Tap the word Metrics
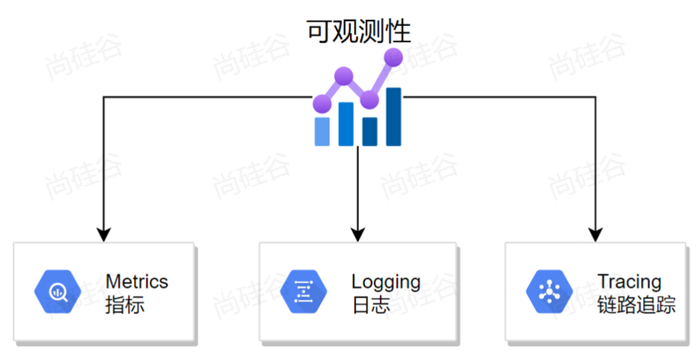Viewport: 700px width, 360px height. (x=137, y=281)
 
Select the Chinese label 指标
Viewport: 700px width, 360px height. (x=124, y=305)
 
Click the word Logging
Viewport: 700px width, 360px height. (x=386, y=281)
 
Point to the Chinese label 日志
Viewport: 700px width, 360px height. (x=371, y=305)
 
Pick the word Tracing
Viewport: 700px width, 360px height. (x=629, y=281)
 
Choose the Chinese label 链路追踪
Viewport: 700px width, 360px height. (x=636, y=305)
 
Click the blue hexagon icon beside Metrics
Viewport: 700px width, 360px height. (x=57, y=292)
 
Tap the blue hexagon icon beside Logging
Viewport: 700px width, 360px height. (x=304, y=292)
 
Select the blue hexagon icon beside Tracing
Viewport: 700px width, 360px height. (x=549, y=292)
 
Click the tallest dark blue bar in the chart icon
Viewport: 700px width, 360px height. (x=393, y=117)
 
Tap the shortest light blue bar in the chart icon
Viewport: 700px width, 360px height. (x=322, y=131)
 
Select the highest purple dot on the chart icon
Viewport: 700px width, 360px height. (x=393, y=57)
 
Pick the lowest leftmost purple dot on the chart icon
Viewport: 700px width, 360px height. (x=322, y=105)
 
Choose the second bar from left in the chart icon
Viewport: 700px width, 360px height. (x=346, y=124)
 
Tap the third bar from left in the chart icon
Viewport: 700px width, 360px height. (x=370, y=131)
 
